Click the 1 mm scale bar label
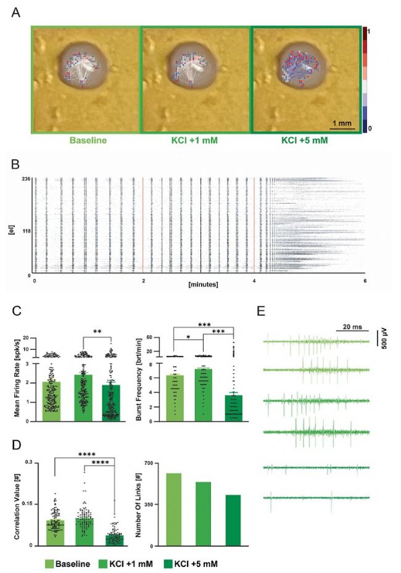pyautogui.click(x=341, y=123)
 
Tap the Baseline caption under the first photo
pyautogui.click(x=86, y=140)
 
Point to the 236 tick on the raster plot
pyautogui.click(x=24, y=179)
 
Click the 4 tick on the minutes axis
pyautogui.click(x=255, y=279)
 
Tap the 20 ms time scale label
pyautogui.click(x=349, y=324)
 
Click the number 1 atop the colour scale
pyautogui.click(x=367, y=30)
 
